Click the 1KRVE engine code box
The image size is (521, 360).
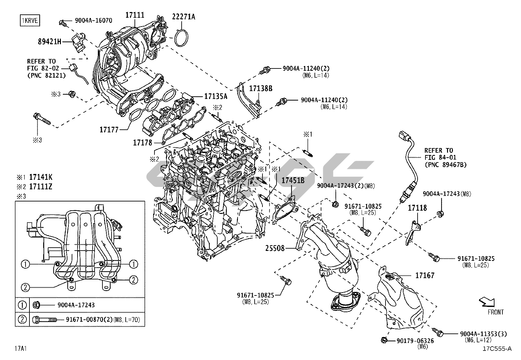click(29, 20)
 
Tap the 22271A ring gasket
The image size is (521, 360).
click(180, 37)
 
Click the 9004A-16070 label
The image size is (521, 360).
click(93, 20)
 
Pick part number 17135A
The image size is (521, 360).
click(216, 96)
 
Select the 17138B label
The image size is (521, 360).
click(261, 88)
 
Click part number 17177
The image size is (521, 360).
click(109, 129)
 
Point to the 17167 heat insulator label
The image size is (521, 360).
click(425, 275)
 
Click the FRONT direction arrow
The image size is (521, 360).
click(486, 302)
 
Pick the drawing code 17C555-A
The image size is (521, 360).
click(497, 349)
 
